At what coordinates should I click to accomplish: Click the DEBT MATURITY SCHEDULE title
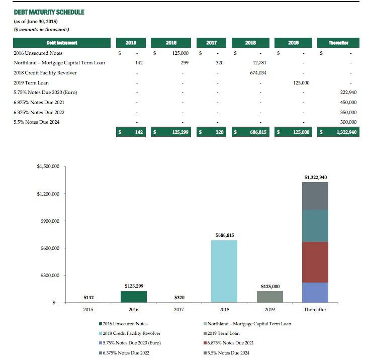click(49, 12)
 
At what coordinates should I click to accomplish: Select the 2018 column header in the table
click(250, 43)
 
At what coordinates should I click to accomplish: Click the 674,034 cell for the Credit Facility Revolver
click(258, 72)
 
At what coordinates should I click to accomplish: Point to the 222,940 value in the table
click(348, 93)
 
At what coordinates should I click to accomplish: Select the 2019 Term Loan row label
click(31, 82)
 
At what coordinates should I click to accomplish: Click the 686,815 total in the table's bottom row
click(257, 132)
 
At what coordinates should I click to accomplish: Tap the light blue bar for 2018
click(224, 271)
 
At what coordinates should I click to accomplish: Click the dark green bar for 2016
click(133, 297)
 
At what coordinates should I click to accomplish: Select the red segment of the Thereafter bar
click(315, 262)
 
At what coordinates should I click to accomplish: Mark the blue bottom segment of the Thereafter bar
click(315, 293)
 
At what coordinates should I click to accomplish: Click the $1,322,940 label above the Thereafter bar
click(316, 177)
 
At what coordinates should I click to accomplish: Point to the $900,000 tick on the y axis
click(49, 221)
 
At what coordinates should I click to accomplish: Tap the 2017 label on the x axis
click(179, 310)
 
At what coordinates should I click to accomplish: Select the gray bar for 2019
click(270, 297)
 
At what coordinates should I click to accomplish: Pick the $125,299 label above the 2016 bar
click(133, 286)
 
